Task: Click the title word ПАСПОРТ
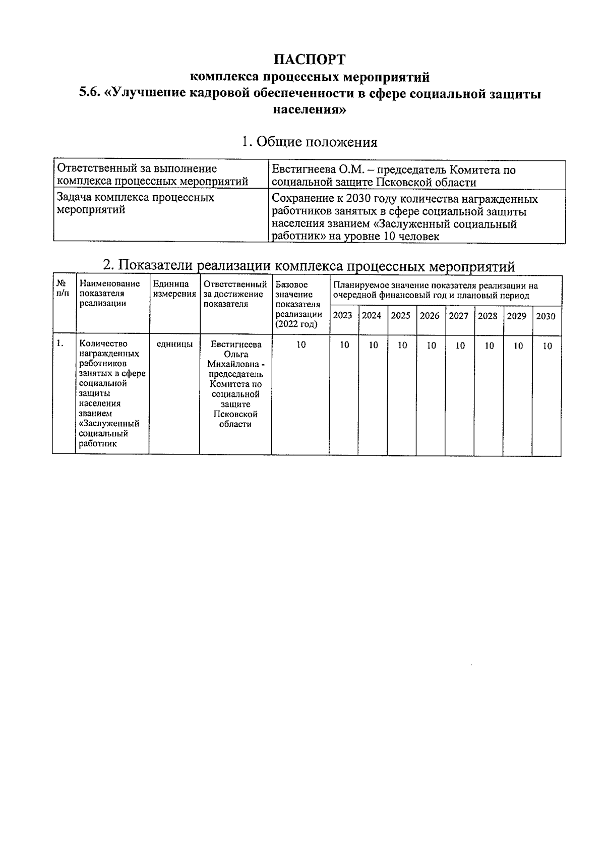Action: (x=310, y=60)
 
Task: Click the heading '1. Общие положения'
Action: (x=309, y=142)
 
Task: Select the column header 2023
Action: (x=343, y=316)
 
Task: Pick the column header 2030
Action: (x=546, y=316)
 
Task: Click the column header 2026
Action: (x=430, y=316)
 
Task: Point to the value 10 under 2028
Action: (x=489, y=346)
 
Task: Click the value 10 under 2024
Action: (x=373, y=346)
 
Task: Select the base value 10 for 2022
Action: (x=300, y=345)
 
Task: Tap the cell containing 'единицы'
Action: (x=174, y=345)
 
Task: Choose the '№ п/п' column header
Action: (x=63, y=289)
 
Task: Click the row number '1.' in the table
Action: (x=60, y=344)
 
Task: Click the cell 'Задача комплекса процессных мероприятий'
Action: (x=136, y=203)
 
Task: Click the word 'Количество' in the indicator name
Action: (x=103, y=344)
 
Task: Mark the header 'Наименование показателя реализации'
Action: (x=109, y=294)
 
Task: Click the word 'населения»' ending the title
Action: (x=309, y=109)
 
